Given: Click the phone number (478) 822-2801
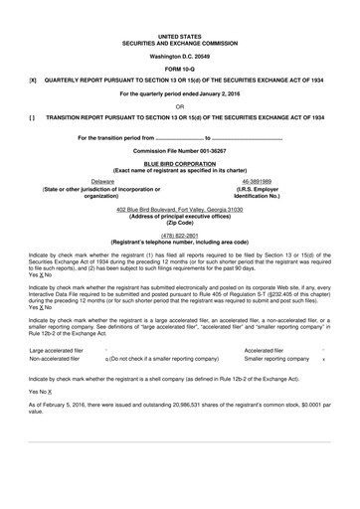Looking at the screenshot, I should point(180,235).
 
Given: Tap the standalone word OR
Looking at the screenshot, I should point(180,105).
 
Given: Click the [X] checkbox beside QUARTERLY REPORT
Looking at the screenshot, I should point(33,80).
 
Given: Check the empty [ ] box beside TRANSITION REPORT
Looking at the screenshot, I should point(33,118).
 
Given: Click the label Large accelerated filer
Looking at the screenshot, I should point(57,351).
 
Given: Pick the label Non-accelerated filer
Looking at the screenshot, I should point(55,359).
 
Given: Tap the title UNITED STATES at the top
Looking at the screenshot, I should point(180,35).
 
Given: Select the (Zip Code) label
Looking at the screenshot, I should point(180,225).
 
